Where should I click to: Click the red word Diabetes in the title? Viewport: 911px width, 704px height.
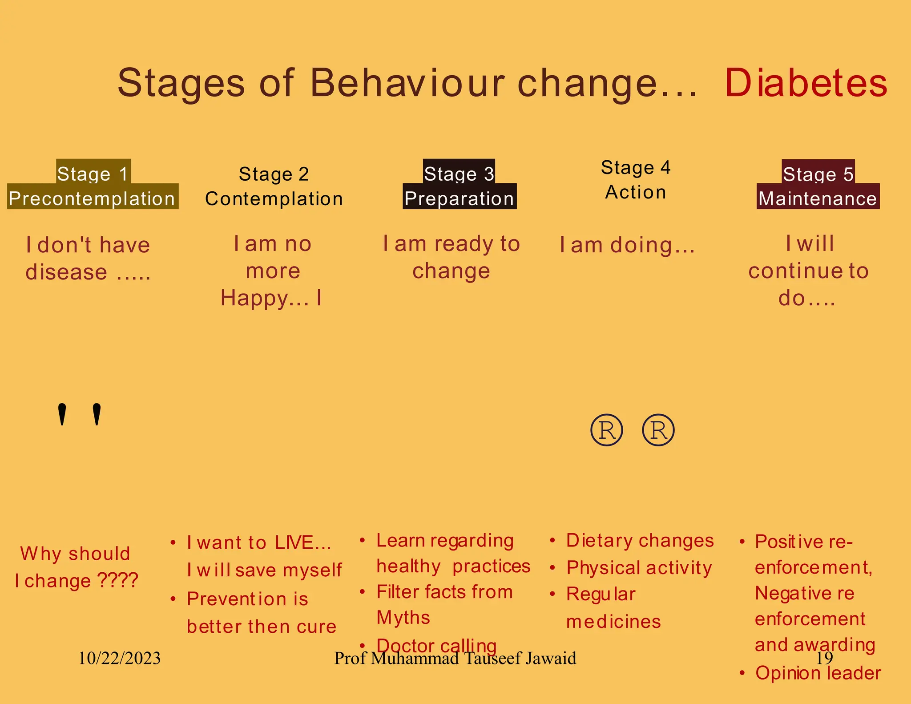coord(806,83)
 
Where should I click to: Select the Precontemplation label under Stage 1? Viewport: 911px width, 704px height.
coord(92,198)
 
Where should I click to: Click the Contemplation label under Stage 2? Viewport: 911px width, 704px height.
coord(274,199)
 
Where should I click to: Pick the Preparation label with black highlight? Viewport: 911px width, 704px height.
coord(460,198)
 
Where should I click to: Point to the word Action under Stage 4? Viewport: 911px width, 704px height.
coord(636,192)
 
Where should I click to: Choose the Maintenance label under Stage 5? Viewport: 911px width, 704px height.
coord(818,198)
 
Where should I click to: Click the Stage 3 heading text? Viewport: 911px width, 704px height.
coord(459,174)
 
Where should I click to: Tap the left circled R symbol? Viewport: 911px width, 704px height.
coord(607,430)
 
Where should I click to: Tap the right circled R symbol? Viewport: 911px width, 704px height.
coord(658,430)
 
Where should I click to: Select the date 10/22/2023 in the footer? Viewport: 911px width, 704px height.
coord(119,658)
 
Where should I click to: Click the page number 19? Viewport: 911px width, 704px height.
coord(824,658)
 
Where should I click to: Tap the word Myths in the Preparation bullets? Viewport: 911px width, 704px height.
coord(403,618)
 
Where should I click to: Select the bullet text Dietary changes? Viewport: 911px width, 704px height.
coord(640,541)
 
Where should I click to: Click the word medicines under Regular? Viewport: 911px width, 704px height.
coord(613,622)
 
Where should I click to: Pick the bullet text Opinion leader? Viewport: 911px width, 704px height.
coord(818,673)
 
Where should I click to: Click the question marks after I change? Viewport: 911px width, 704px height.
coord(117,580)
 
